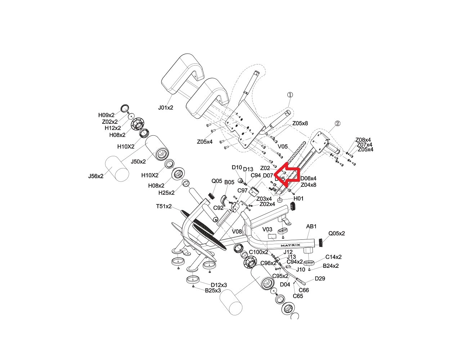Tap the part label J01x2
pos(166,107)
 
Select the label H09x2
pos(106,115)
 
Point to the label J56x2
pos(96,176)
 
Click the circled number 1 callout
pos(290,95)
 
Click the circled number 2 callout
pos(337,123)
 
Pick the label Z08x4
pos(363,140)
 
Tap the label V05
pos(283,147)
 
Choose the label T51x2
pos(164,207)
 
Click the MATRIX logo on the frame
pos(290,245)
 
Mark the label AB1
pos(311,226)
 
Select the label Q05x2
pos(336,233)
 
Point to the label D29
pos(320,278)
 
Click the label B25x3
pos(213,291)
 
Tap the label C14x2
pos(333,257)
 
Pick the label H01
pos(299,198)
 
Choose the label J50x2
pos(138,162)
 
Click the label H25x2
pos(166,193)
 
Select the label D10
pos(237,167)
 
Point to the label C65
pos(298,296)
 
